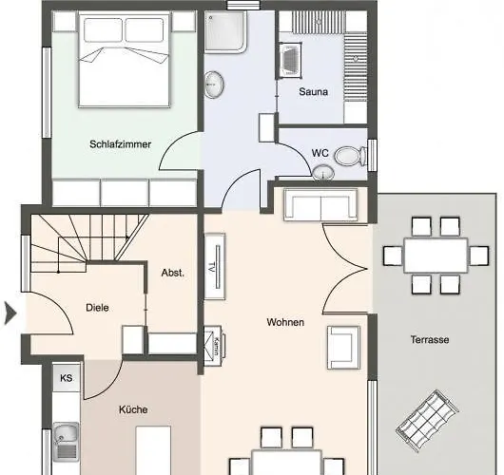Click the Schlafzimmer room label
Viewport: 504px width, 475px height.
(120, 144)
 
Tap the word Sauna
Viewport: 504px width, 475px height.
(314, 92)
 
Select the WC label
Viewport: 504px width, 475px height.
(320, 153)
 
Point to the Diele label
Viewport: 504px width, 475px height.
(97, 308)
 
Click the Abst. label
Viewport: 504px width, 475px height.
(173, 273)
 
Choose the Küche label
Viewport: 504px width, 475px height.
(133, 409)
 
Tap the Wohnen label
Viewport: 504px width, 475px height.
(285, 322)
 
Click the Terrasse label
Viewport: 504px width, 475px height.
(430, 339)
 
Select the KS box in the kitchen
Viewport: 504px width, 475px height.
(67, 378)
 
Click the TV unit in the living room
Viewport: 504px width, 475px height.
(215, 267)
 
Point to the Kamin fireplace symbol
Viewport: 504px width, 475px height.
(214, 346)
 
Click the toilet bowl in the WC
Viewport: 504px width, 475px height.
(350, 156)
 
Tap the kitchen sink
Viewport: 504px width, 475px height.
(66, 442)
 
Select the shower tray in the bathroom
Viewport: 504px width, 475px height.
(225, 31)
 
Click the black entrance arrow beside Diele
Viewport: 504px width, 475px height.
(10, 313)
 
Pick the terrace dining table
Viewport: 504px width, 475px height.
(436, 256)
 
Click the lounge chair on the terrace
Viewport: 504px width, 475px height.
(427, 421)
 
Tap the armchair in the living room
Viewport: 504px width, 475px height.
(343, 348)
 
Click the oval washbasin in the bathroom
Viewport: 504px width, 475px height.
(214, 85)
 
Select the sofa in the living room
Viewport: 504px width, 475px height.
(320, 204)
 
